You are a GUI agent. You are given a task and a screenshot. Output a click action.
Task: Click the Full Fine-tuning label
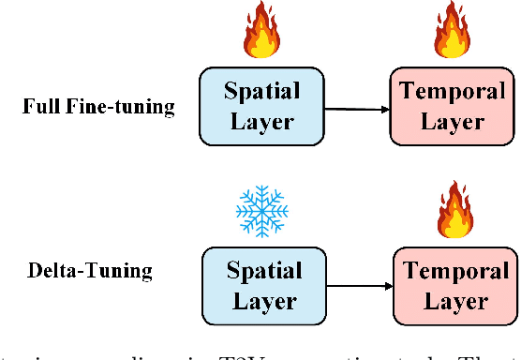coord(98,106)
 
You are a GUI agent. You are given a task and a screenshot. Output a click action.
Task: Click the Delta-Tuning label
coord(91,273)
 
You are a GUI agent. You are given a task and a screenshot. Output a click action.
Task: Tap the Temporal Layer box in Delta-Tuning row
coord(454,286)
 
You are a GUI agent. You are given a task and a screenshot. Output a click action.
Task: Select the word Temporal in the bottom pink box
coord(454,273)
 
